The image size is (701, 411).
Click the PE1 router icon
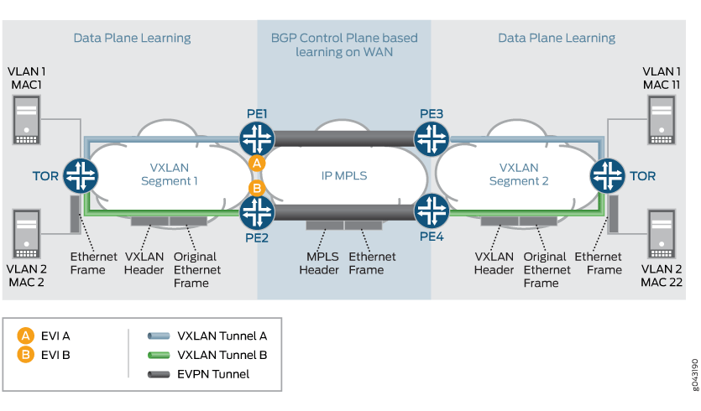tap(257, 137)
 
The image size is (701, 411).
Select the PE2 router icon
tap(257, 213)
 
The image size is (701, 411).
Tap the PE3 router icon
tap(432, 137)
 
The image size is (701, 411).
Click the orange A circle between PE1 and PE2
tap(257, 163)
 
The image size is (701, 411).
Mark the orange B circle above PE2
tap(257, 188)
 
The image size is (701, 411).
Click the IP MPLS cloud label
tap(343, 174)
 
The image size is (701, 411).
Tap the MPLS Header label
tap(319, 263)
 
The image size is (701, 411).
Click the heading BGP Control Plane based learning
tap(344, 44)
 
